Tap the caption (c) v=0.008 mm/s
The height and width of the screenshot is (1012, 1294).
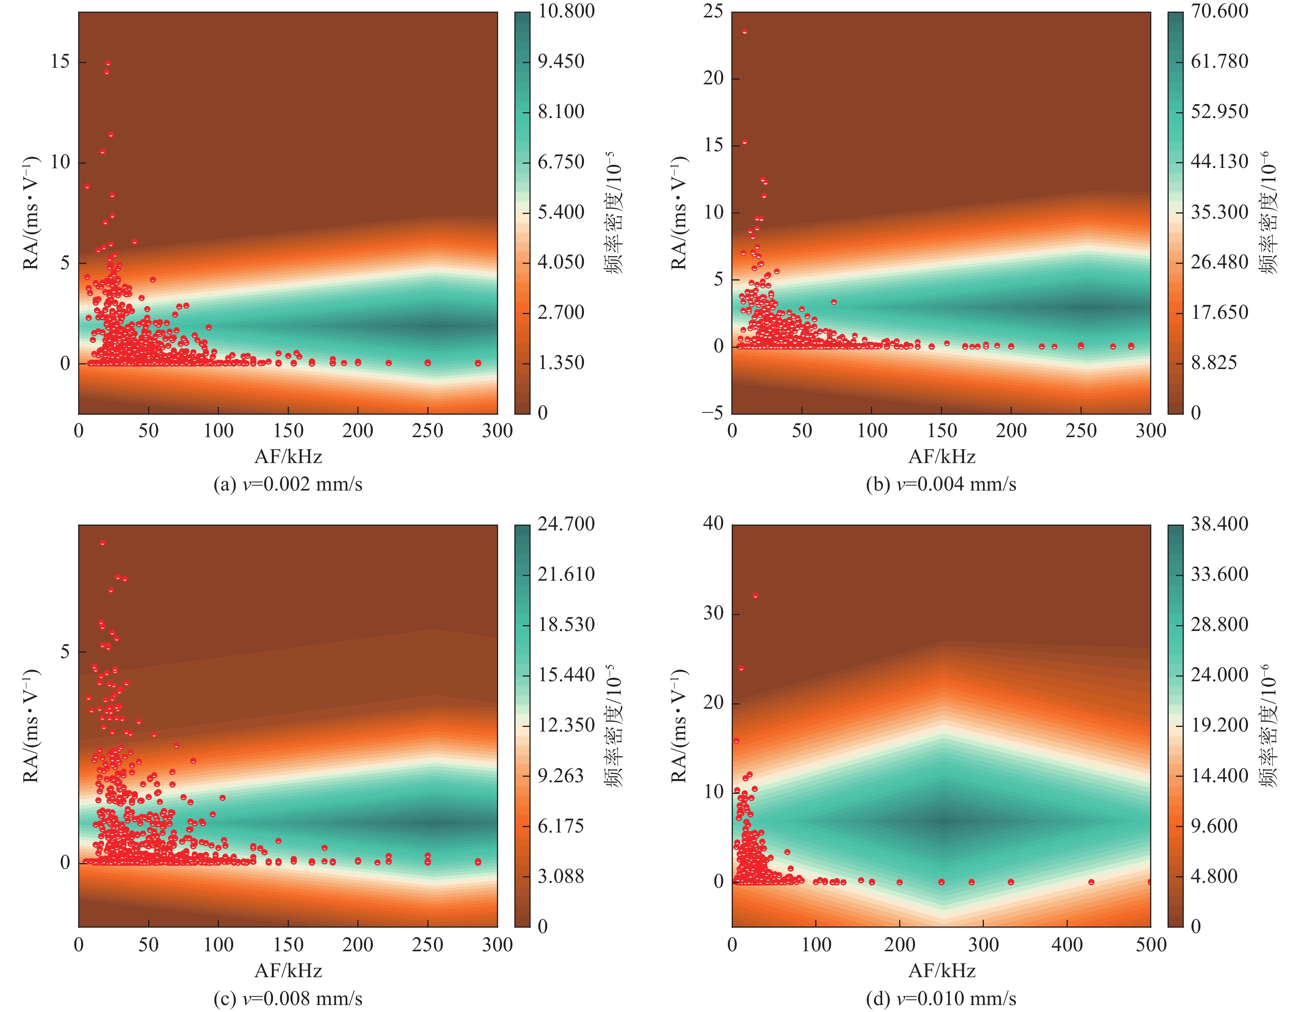288,998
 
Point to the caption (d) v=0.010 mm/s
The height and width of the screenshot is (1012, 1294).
941,998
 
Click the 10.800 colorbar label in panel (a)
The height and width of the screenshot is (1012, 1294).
566,11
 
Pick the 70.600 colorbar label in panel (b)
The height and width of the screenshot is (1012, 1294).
1219,11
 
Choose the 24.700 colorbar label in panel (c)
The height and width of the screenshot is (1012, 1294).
566,524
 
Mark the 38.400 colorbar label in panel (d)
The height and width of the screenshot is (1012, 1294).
1219,524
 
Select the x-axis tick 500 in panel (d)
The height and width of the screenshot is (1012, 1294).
1151,944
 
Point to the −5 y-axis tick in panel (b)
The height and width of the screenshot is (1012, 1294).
712,413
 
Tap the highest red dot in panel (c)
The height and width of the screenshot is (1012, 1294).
102,543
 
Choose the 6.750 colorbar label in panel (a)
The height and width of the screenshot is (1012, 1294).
560,162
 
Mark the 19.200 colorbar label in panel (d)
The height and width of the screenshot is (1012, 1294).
1219,725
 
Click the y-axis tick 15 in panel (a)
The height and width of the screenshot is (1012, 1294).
60,62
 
